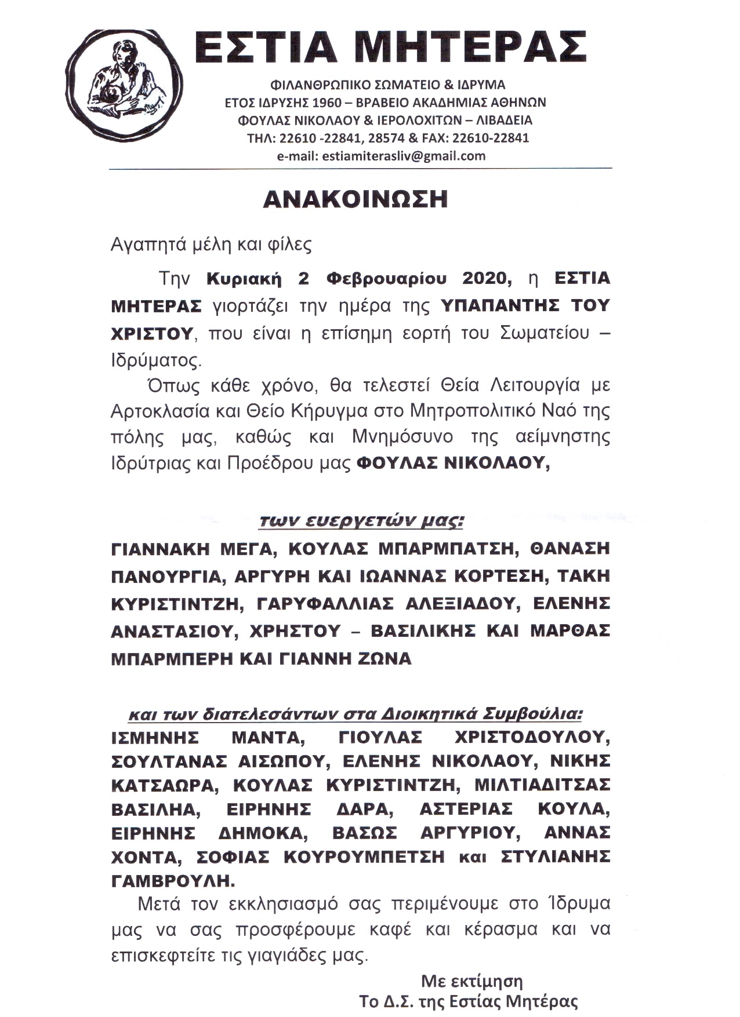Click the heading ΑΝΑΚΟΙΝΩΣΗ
pyautogui.click(x=356, y=199)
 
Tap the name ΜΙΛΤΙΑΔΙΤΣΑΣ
pyautogui.click(x=542, y=785)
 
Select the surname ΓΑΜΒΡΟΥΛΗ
pyautogui.click(x=173, y=880)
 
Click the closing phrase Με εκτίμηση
pyautogui.click(x=471, y=981)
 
